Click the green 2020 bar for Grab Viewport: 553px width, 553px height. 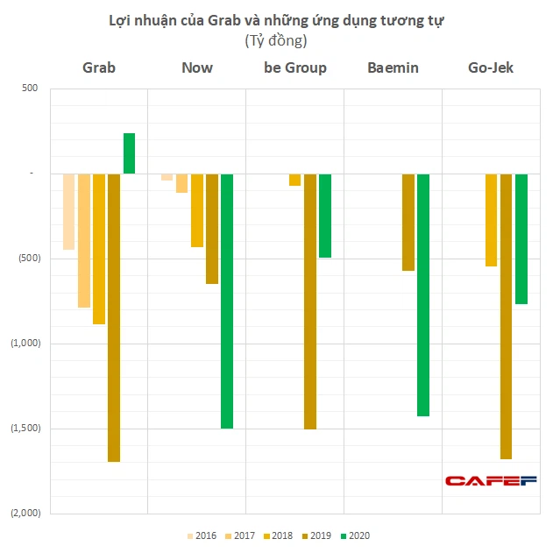point(129,153)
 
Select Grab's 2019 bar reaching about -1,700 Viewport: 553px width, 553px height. point(114,317)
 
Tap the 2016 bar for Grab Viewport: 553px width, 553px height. point(68,211)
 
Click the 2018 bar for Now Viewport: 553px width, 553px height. point(197,210)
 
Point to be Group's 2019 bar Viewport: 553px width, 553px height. point(310,301)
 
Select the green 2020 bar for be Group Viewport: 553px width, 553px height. point(325,216)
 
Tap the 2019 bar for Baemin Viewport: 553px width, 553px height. point(408,222)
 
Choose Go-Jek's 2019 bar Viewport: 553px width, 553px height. point(506,315)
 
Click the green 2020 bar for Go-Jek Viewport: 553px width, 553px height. point(521,238)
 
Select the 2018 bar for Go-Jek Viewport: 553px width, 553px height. point(491,220)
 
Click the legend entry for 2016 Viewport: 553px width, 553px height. point(202,535)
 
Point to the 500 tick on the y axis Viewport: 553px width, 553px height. point(31,88)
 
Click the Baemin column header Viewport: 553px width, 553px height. point(393,67)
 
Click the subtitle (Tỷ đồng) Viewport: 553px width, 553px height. point(276,40)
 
